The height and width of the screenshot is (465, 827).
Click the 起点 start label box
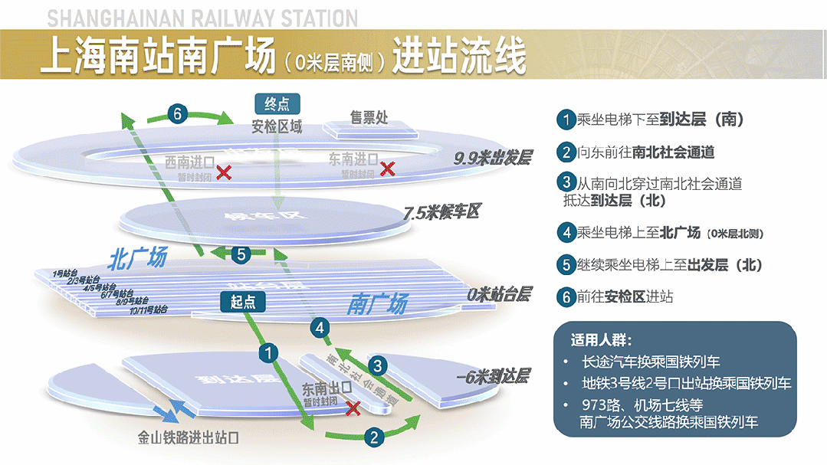tap(243, 303)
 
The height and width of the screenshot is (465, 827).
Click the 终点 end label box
tap(277, 104)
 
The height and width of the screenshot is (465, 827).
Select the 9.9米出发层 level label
tap(493, 159)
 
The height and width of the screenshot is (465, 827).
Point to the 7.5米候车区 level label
tap(441, 212)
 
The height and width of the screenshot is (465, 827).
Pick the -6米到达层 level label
tap(492, 377)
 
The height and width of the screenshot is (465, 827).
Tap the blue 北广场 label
tap(138, 257)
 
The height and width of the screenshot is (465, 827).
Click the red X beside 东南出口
tap(353, 408)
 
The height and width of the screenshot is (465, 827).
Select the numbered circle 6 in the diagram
tap(176, 115)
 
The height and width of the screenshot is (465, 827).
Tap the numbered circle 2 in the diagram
tap(373, 437)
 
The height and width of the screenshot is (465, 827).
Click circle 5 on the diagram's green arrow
tap(241, 255)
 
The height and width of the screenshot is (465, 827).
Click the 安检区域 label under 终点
tap(277, 127)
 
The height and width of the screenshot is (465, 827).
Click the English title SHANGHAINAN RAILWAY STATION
tap(202, 18)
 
